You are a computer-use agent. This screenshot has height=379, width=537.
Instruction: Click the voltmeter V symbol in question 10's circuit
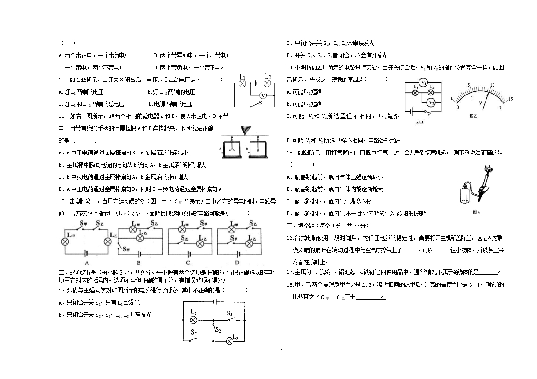[263, 95]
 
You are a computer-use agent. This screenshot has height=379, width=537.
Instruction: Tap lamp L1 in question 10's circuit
[243, 83]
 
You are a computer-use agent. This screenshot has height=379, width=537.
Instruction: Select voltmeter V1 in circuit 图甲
[423, 82]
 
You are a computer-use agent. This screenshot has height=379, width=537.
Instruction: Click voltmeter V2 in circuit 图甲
[432, 102]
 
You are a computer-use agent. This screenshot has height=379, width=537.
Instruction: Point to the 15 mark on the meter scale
[511, 99]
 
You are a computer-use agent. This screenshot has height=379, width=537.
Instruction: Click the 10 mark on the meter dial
[492, 85]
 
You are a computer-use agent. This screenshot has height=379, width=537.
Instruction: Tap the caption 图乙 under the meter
[473, 115]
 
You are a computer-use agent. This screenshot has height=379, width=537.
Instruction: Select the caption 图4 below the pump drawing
[477, 212]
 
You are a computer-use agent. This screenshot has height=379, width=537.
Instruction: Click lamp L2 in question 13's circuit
[230, 341]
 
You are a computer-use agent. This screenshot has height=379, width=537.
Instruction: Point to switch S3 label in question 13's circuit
[229, 313]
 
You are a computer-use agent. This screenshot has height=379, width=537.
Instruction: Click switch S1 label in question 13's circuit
[194, 332]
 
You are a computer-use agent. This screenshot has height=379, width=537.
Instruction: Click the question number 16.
[290, 238]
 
